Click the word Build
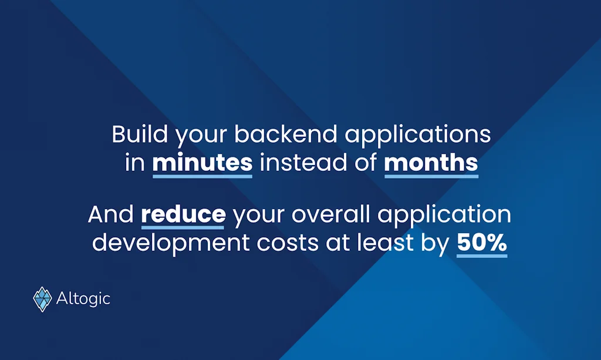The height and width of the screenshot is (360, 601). click(x=140, y=134)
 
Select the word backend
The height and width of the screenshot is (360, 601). click(x=286, y=134)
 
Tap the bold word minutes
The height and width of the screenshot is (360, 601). click(x=202, y=163)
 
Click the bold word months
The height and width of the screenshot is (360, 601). click(x=431, y=163)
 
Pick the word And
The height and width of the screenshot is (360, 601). click(x=111, y=214)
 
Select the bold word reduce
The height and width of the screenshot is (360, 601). click(x=183, y=214)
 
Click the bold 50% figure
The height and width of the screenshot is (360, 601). click(x=482, y=243)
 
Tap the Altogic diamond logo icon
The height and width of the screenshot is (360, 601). click(x=42, y=299)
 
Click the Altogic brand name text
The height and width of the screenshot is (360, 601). click(x=83, y=299)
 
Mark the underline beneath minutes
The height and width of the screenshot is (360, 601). click(x=202, y=176)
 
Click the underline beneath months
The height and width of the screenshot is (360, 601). click(x=431, y=176)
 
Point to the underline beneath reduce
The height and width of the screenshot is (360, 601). click(x=183, y=227)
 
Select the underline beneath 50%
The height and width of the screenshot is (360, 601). click(x=482, y=255)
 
